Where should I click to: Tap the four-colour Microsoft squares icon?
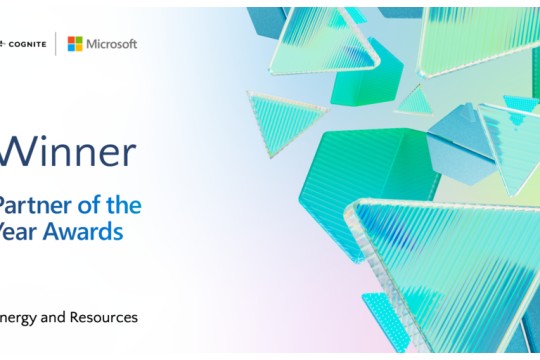point(75,43)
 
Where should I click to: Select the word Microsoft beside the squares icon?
point(112,44)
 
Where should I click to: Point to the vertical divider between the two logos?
point(56,43)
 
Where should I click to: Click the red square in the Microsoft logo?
point(71,39)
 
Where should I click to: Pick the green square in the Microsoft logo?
point(79,39)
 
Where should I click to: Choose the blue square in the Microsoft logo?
point(71,47)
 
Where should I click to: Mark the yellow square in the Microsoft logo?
point(79,47)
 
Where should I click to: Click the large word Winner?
point(67,152)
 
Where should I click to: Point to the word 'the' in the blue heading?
point(123,205)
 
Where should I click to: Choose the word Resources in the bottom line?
point(102,318)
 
